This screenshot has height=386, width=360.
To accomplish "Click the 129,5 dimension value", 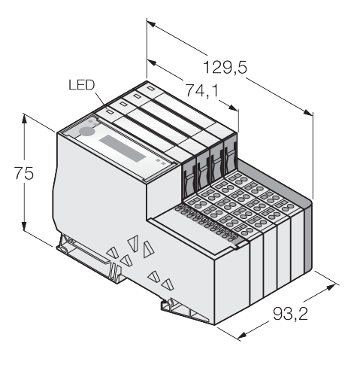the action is click(x=225, y=68).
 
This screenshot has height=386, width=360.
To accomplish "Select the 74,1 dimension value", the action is click(x=201, y=90).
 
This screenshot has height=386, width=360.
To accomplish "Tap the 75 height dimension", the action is click(x=23, y=173).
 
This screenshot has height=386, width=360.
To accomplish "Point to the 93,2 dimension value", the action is click(x=290, y=314).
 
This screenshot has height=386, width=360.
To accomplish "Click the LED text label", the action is click(x=82, y=85).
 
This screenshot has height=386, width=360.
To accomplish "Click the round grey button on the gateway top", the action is click(x=86, y=131).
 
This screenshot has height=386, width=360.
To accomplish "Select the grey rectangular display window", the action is click(x=123, y=148).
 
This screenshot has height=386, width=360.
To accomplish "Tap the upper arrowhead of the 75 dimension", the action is click(x=24, y=119).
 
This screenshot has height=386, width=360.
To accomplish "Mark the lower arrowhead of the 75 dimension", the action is click(x=24, y=226).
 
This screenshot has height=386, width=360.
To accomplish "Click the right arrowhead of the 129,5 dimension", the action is click(x=308, y=112).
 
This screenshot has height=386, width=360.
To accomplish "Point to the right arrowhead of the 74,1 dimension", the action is click(x=233, y=108).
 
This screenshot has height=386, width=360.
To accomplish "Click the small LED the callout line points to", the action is click(x=110, y=111).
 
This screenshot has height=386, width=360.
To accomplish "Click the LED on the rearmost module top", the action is click(x=150, y=88).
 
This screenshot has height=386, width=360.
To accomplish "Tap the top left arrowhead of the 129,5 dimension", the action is click(x=152, y=25).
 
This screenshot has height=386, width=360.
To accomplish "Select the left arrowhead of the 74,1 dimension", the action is click(x=152, y=62).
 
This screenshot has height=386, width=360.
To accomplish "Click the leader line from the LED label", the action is click(x=101, y=101).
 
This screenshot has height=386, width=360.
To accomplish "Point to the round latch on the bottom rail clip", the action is click(x=170, y=302).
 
